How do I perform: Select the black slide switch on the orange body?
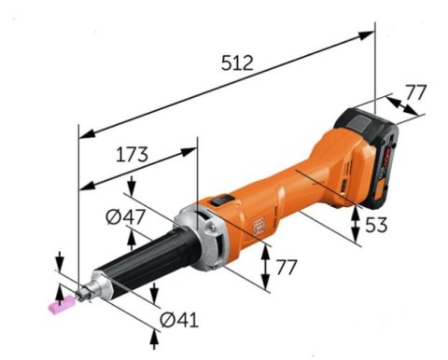[x=222, y=199]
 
